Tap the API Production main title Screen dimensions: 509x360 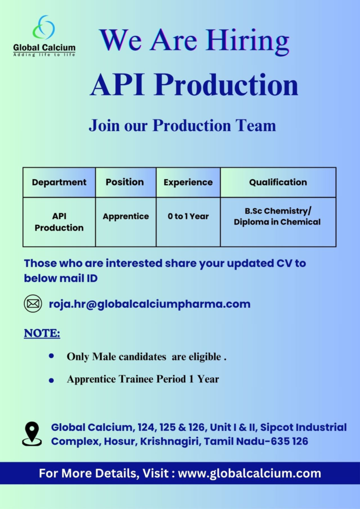coord(194,85)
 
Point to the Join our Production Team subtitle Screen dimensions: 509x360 coord(182,125)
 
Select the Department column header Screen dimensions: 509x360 coord(59,182)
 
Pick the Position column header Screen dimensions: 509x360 coord(125,182)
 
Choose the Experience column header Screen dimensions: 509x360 coord(188,182)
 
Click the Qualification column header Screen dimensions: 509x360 coord(278,182)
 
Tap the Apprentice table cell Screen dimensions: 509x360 coord(126,216)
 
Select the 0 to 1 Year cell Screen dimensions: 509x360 coord(188,216)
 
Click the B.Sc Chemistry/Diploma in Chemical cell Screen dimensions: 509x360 coord(277,216)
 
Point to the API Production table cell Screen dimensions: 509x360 coord(59,222)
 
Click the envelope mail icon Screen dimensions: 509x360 coord(33,304)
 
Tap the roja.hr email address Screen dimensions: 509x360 coord(149,304)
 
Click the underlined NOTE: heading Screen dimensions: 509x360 coord(42,333)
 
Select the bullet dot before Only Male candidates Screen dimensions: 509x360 coord(51,356)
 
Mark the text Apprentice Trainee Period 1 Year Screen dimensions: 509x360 coord(143,379)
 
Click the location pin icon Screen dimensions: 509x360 coord(32,433)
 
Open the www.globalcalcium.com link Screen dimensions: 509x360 coord(249,473)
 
